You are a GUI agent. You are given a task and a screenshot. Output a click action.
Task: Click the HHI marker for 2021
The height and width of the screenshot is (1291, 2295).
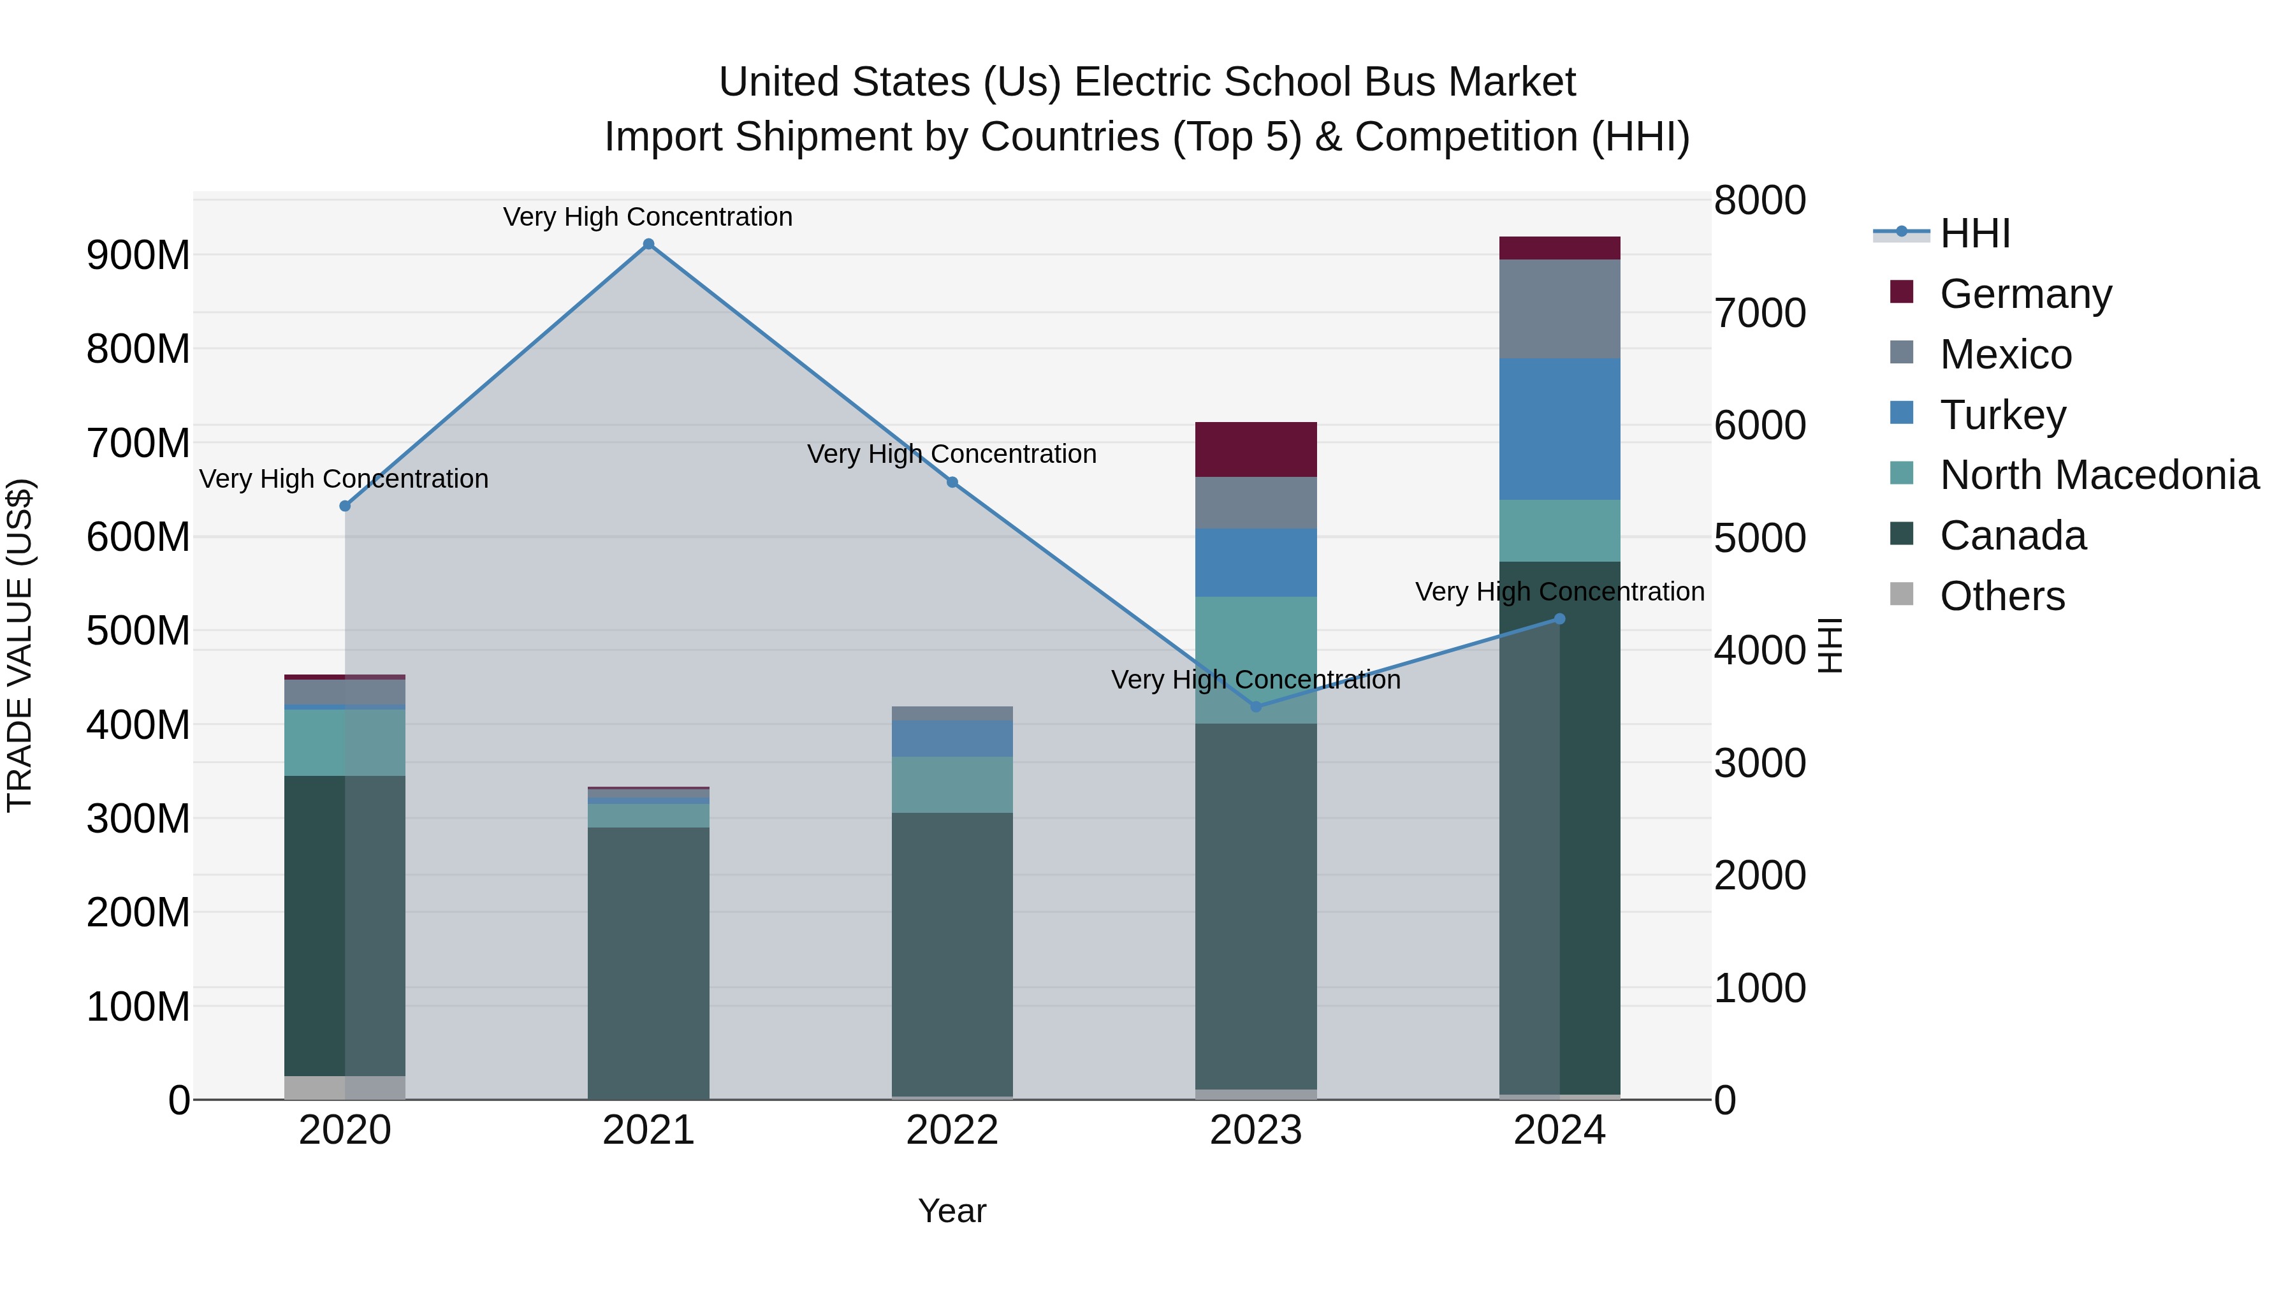[648, 244]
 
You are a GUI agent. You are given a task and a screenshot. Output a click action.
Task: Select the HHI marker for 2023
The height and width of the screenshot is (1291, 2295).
[1256, 706]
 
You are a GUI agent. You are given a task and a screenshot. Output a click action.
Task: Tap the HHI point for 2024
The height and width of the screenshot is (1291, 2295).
[1559, 619]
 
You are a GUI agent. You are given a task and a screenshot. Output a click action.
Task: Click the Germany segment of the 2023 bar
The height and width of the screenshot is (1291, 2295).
[1256, 450]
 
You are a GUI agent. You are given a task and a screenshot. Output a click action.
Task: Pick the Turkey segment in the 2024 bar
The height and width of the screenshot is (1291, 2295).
[1559, 430]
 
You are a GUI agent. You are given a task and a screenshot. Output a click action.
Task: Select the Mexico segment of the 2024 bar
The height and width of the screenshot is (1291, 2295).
[1559, 309]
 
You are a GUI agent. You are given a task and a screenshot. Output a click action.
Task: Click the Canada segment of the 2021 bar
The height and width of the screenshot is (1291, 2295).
[648, 962]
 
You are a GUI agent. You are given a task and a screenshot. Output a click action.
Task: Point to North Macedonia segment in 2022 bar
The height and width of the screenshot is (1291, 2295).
[952, 784]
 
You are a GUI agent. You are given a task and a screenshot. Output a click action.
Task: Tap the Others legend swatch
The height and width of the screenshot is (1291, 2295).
[1901, 594]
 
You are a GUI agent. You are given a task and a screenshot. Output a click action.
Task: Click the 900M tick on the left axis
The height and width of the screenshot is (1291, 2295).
[138, 256]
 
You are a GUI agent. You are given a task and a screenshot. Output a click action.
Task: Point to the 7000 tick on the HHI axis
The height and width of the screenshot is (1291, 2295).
[1759, 313]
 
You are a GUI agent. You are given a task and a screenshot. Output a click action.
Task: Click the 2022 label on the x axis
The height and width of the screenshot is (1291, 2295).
[952, 1130]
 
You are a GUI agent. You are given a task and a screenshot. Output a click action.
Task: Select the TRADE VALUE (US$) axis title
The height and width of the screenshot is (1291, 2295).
[20, 645]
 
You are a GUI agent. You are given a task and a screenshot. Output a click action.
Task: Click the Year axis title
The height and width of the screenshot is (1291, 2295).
[952, 1211]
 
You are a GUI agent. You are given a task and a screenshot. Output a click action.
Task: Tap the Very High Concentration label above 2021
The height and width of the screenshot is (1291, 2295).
[648, 217]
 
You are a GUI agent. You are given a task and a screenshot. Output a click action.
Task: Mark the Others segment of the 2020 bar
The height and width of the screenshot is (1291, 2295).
[345, 1087]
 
